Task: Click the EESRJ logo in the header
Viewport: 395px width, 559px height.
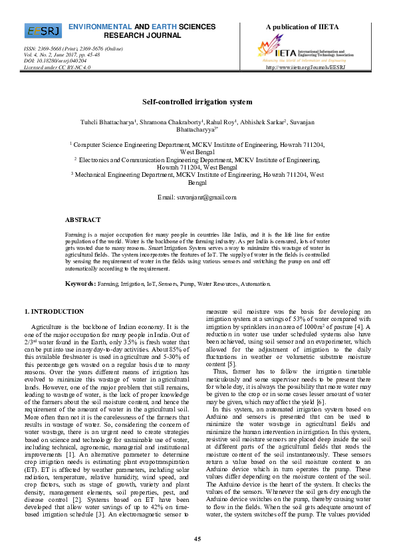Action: coord(43,31)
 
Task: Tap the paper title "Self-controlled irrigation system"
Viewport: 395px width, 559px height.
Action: coord(197,102)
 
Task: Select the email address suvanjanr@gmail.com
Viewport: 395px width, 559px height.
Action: coord(197,197)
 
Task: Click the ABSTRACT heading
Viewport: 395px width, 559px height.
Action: coord(82,219)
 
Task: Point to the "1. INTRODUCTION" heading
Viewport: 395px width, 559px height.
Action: coord(54,311)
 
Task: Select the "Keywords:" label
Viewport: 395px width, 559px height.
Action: coord(80,284)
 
